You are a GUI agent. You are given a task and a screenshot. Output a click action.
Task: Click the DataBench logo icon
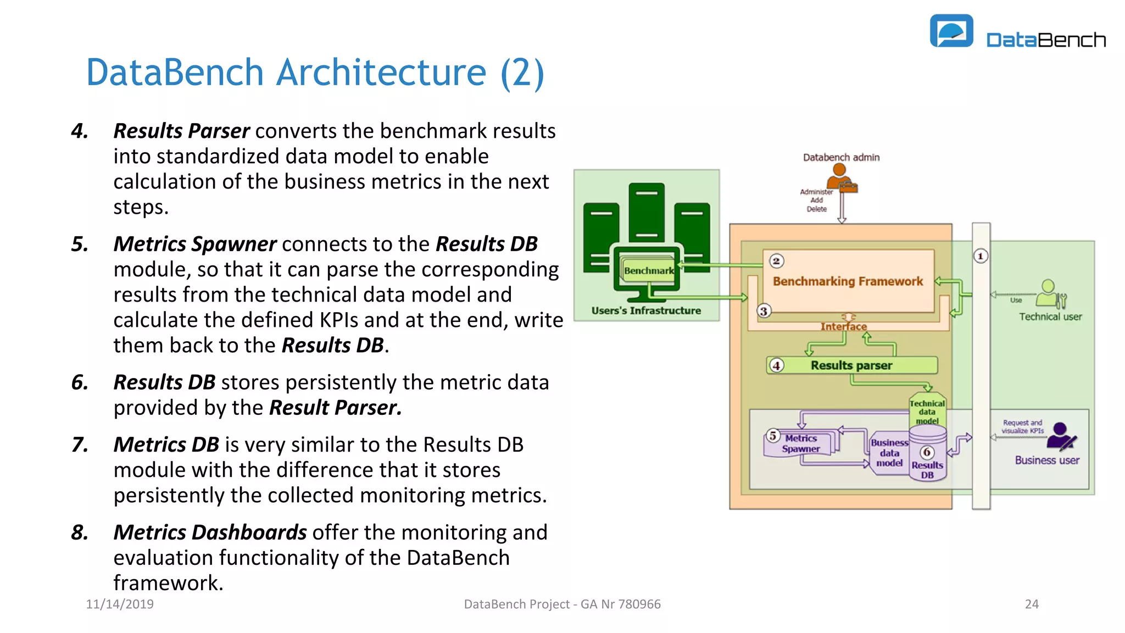click(951, 31)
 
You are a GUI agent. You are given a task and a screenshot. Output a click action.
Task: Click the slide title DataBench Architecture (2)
click(315, 73)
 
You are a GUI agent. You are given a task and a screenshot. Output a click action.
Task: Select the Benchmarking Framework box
click(848, 281)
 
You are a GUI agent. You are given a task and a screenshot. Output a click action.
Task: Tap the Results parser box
click(851, 365)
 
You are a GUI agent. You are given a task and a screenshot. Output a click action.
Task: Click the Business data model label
click(889, 453)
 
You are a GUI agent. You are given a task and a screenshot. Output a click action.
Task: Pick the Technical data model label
click(927, 412)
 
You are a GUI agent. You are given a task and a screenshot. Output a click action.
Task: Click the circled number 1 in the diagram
click(981, 256)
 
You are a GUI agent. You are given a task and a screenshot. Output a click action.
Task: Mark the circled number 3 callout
click(764, 311)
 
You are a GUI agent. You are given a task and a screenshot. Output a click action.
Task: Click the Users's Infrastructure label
click(646, 310)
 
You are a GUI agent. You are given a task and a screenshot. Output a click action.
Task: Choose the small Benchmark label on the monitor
click(648, 271)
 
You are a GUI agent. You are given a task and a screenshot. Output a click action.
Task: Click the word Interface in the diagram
click(843, 326)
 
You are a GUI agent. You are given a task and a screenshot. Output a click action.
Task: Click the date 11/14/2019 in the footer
click(120, 604)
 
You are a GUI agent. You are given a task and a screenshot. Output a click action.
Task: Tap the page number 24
click(1031, 604)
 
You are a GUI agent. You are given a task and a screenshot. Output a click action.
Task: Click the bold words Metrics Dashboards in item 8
click(210, 532)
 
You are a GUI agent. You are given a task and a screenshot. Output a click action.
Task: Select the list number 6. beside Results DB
click(80, 382)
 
